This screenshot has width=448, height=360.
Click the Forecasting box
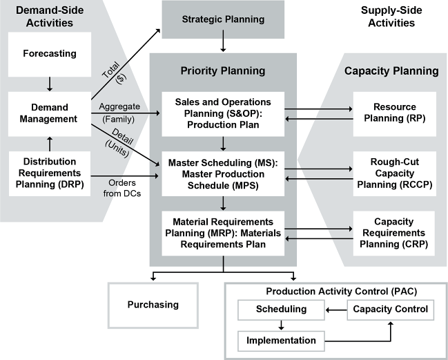(49, 53)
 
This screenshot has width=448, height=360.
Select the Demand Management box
(49, 114)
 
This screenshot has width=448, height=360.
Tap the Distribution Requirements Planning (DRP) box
(49, 171)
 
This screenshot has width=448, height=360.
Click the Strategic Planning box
(223, 19)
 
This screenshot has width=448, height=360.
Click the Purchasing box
(153, 305)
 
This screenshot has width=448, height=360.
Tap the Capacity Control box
(391, 309)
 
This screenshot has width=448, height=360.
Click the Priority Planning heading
(223, 70)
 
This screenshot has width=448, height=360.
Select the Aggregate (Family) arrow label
(120, 112)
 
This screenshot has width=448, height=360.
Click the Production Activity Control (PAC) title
(336, 291)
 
